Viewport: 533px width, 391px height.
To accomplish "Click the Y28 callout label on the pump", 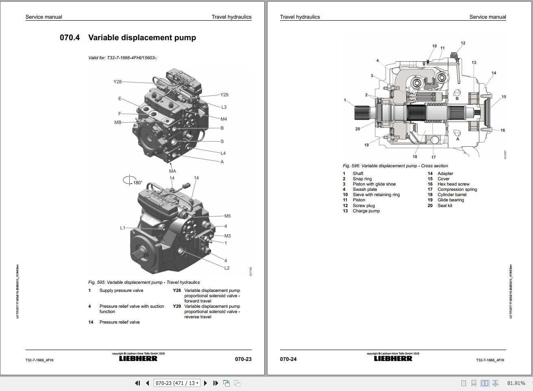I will (x=117, y=82).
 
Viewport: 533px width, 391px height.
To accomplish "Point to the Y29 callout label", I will (x=224, y=95).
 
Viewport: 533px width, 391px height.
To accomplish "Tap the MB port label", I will (x=117, y=122).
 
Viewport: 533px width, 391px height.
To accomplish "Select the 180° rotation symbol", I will (x=132, y=181).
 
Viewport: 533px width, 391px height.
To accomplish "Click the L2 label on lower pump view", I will (x=227, y=268).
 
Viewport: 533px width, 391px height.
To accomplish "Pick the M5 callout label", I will (x=227, y=216).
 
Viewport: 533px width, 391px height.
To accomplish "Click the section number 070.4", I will (x=70, y=38).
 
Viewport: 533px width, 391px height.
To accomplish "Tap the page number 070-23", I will (x=243, y=359).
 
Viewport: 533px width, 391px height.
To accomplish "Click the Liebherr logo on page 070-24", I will (x=393, y=359).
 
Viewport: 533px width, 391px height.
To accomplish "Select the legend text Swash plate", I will (x=365, y=189).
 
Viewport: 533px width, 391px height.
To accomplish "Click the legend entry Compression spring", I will (x=457, y=189).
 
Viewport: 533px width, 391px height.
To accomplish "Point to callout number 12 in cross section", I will (x=463, y=43).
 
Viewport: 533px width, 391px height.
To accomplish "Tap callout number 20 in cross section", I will (x=357, y=129).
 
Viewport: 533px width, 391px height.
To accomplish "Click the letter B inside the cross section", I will (x=457, y=98).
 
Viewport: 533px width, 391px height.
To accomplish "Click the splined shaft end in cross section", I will (x=361, y=110).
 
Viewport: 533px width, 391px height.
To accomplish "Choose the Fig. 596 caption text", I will (x=395, y=166).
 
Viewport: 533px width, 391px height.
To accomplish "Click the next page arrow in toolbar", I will (x=205, y=383).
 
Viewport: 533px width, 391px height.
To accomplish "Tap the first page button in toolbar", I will (x=137, y=383).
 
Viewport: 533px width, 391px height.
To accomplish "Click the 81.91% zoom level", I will (x=516, y=383).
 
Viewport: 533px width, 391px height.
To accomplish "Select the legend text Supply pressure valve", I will (x=121, y=290).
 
